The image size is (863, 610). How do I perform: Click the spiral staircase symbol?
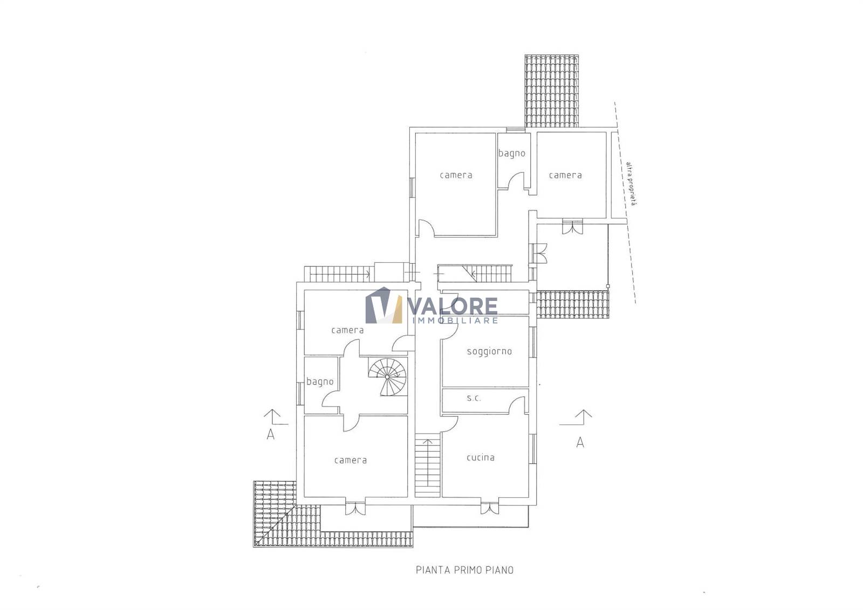click(388, 376)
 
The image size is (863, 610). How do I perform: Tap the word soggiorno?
click(489, 352)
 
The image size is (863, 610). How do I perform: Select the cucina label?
click(481, 457)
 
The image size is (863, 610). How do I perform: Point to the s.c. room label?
click(474, 399)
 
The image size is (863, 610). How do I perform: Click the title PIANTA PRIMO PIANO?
click(464, 570)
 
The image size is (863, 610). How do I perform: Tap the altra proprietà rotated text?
click(631, 183)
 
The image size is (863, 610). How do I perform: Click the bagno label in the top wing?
click(512, 153)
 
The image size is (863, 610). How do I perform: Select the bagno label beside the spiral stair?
click(320, 381)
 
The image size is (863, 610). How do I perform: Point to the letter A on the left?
click(270, 434)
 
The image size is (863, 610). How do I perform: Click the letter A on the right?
click(580, 442)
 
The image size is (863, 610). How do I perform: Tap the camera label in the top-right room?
click(565, 175)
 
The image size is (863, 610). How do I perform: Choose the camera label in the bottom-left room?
click(351, 460)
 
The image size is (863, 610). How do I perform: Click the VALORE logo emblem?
click(383, 305)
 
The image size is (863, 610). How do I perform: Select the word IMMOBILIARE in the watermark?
click(455, 320)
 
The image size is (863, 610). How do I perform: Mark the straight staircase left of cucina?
click(427, 465)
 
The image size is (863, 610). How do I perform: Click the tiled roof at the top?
click(552, 91)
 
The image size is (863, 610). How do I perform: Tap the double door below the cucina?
click(490, 509)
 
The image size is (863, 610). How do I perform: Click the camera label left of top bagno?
click(456, 175)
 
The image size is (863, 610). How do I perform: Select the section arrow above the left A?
click(275, 417)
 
